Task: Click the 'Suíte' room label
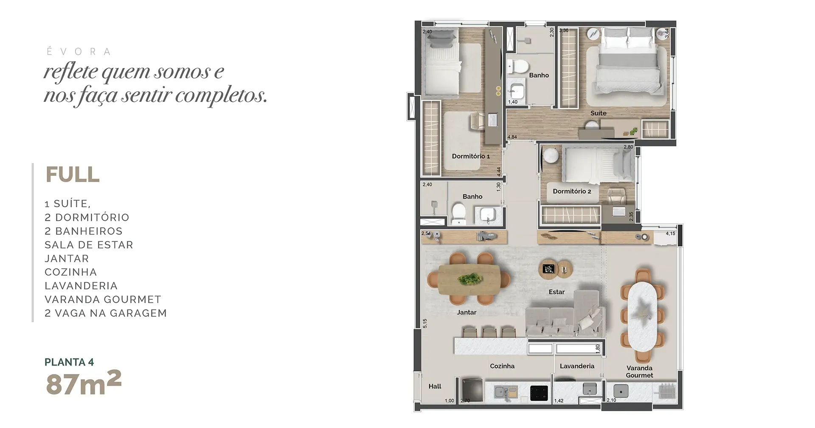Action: tap(598, 113)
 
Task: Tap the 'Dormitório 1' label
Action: tap(471, 156)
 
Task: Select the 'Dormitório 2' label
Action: tap(572, 191)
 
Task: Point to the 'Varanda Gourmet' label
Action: tap(639, 372)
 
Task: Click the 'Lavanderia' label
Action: tap(577, 366)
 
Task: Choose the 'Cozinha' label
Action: tap(502, 366)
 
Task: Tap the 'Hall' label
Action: tap(435, 386)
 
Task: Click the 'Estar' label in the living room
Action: tap(556, 292)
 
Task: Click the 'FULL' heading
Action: tap(73, 175)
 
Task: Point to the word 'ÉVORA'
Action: tap(79, 51)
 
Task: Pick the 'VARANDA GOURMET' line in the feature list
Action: tap(103, 299)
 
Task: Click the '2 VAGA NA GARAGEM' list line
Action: tap(106, 313)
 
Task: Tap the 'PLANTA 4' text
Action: tap(69, 362)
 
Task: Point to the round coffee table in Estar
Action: tap(555, 269)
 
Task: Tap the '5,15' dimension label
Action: tap(425, 324)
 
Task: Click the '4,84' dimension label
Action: tap(512, 137)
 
